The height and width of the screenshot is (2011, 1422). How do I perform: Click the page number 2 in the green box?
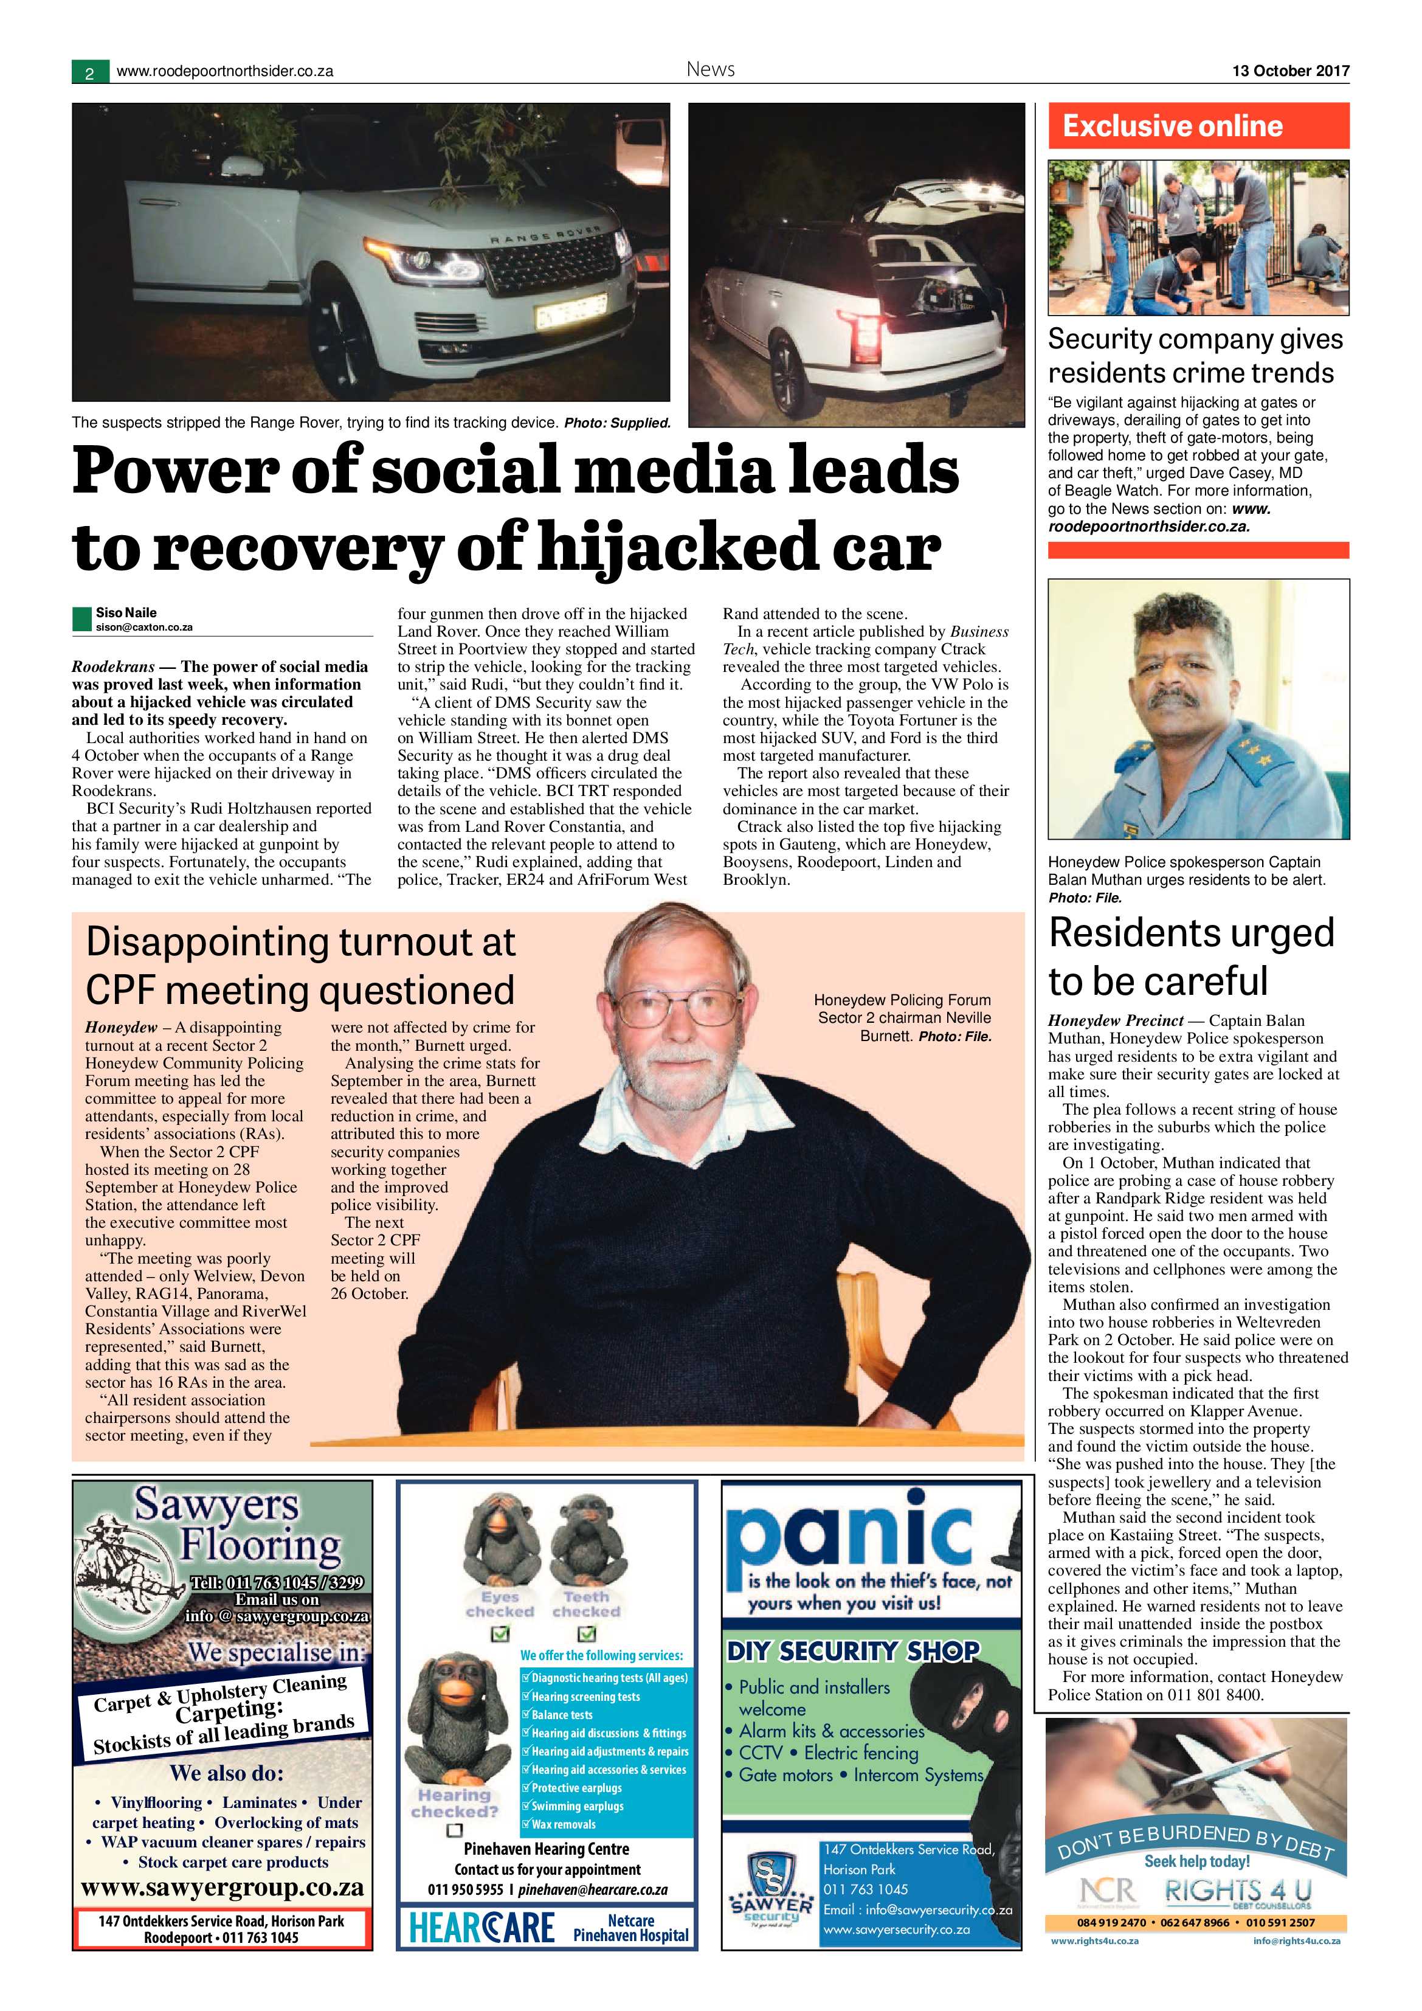(x=89, y=74)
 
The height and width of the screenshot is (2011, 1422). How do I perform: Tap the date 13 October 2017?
(x=1291, y=71)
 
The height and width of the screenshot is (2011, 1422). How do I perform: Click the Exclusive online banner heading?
(x=1173, y=126)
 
